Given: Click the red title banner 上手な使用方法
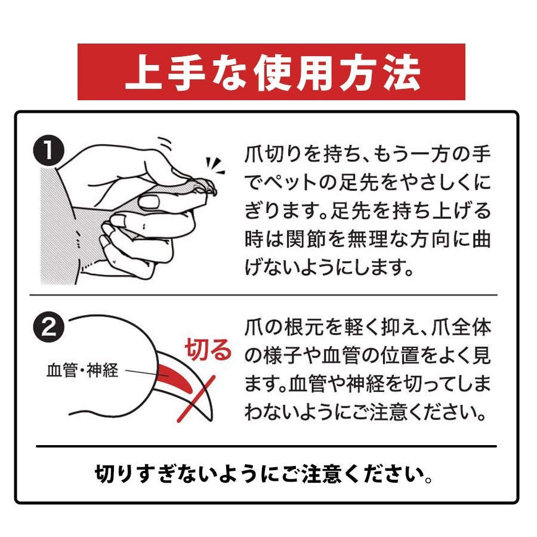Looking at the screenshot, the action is tap(271, 72).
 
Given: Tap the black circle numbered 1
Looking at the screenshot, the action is tap(49, 151).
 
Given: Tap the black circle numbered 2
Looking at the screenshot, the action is tap(49, 327).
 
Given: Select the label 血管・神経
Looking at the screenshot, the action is tap(82, 370).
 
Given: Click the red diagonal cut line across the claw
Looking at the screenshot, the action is tap(196, 399).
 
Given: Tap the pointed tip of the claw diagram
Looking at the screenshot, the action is tap(209, 420).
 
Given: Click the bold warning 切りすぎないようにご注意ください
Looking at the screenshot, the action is tap(264, 474).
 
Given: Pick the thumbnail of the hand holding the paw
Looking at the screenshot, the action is tap(130, 211).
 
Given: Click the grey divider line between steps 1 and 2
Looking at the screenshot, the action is tap(263, 295).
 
